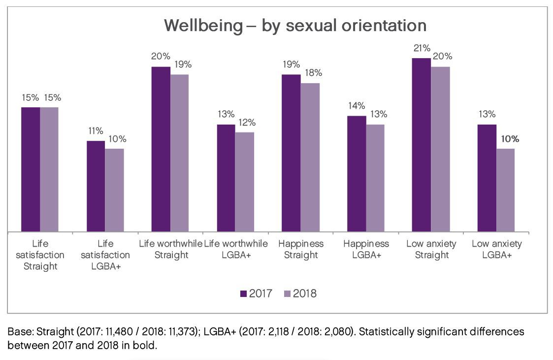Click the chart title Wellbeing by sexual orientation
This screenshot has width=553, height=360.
pos(295,25)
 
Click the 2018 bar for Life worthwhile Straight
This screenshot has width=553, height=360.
pos(179,153)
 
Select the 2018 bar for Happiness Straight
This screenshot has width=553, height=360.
pos(310,157)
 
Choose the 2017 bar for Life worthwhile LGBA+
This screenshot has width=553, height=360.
pos(226,178)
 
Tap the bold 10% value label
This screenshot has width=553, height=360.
pos(509,139)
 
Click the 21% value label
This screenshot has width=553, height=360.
pos(422,48)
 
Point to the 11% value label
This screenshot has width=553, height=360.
pos(96,131)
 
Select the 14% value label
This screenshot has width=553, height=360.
pos(357,106)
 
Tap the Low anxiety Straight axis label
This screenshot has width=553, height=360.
pos(431,249)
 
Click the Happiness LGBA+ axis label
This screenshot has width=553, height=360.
pos(366,249)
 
